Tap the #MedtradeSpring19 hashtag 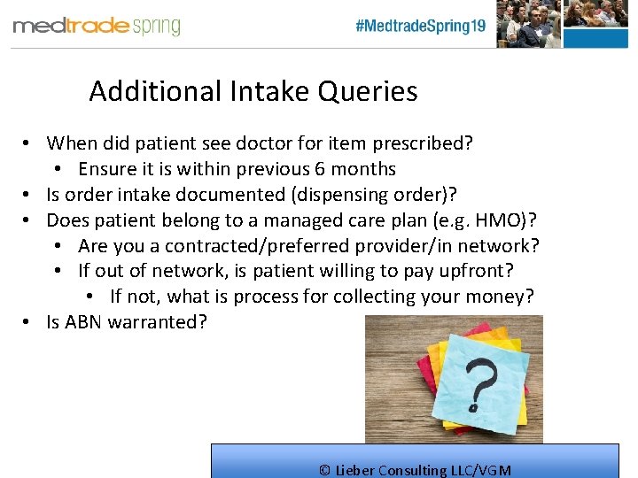pos(420,26)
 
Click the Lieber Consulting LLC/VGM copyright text pos(415,470)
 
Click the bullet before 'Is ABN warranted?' pos(29,322)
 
